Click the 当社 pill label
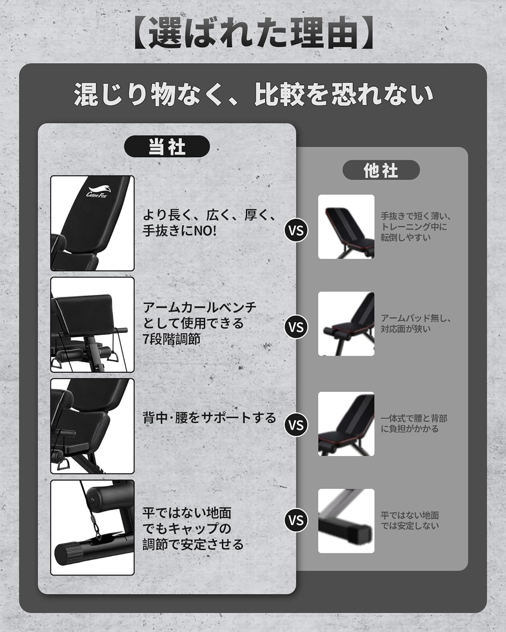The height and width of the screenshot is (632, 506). (167, 146)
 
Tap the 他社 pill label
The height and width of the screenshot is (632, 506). (381, 170)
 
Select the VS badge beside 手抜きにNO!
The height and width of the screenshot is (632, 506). (296, 230)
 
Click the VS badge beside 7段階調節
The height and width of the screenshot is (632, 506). (296, 327)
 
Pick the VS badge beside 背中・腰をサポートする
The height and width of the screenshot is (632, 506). (296, 425)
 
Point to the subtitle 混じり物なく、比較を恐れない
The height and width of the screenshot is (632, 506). (253, 94)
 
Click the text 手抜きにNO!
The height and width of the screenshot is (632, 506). (180, 231)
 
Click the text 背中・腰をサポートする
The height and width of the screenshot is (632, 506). (209, 418)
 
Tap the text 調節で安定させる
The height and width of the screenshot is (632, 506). (193, 544)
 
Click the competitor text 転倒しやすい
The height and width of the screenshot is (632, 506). (406, 237)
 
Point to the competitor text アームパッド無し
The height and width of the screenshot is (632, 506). (413, 319)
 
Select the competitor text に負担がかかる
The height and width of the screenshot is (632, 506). (410, 429)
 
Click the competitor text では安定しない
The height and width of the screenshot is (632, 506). (410, 526)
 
